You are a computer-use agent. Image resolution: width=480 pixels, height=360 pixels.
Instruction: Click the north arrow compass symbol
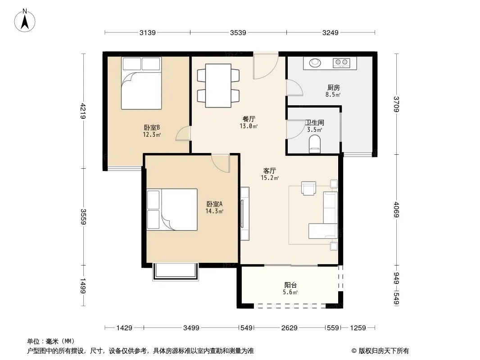point(25,21)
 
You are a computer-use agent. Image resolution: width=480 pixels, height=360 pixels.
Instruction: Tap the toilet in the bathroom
point(315,144)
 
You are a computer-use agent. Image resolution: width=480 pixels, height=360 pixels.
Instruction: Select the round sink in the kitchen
point(315,63)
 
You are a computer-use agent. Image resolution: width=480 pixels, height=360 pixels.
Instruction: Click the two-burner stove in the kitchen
point(341,63)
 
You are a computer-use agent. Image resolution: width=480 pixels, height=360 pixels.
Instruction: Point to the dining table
point(218,85)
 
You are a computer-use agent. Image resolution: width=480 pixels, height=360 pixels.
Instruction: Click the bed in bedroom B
point(141,83)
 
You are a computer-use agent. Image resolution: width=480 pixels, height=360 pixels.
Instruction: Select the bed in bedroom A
point(172,210)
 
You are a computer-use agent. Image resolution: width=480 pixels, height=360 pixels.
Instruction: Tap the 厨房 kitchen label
point(333,88)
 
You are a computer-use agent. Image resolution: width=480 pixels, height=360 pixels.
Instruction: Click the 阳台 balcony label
point(290,285)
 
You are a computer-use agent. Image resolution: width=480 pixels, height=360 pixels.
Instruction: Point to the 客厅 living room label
point(270,171)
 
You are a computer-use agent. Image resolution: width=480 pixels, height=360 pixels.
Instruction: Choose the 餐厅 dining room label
point(249,119)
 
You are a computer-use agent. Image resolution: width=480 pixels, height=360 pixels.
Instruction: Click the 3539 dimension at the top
point(238,33)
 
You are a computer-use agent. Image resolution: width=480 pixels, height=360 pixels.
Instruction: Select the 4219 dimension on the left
point(83,111)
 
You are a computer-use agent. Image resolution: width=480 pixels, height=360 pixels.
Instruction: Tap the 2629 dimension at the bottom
point(289,328)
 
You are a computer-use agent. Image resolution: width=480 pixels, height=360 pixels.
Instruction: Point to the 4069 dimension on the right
point(396,210)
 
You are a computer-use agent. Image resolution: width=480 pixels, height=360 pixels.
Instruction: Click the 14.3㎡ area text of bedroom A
point(214,211)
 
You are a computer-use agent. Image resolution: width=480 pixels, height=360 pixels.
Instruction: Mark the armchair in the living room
point(308,188)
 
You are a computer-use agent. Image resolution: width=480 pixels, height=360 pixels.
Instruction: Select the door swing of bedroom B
point(183,133)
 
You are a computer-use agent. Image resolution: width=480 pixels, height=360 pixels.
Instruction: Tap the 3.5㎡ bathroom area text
point(315,130)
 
